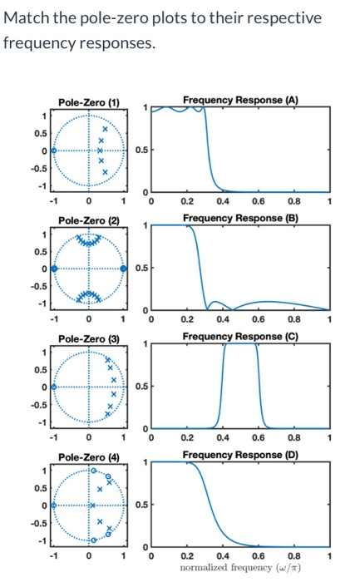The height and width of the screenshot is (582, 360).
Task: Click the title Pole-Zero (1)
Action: coord(89,101)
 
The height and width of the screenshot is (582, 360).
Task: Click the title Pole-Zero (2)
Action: coord(89,219)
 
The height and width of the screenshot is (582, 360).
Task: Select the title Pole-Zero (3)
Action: coord(89,338)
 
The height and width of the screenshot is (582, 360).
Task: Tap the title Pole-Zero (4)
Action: coord(89,457)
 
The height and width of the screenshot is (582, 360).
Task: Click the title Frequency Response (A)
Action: coord(240,100)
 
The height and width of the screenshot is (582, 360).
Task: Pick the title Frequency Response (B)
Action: coord(240,218)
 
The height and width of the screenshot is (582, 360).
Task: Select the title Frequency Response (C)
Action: coord(240,336)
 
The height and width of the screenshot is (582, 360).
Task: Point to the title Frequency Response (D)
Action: coord(240,455)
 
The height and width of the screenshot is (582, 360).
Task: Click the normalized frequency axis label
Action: coord(240,567)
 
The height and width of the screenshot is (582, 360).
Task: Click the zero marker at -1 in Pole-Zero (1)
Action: coord(54,150)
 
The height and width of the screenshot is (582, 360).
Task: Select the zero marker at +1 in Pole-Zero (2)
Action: coord(124,269)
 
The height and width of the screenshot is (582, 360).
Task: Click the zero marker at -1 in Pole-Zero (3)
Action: coord(54,387)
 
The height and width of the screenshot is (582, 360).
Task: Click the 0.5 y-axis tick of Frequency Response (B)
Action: coord(142,269)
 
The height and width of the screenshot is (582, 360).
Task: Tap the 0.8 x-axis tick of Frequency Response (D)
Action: coord(293,555)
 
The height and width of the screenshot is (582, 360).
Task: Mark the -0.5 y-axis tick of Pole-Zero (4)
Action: coord(40,524)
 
